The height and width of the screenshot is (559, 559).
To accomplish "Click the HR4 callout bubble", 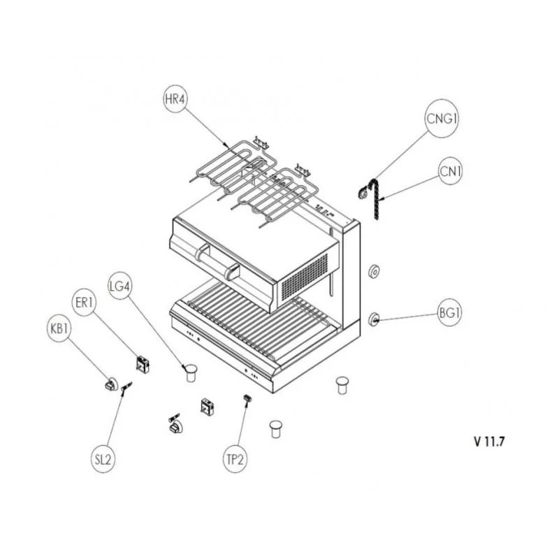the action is (175, 99).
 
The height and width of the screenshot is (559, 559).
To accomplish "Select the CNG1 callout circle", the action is (442, 118).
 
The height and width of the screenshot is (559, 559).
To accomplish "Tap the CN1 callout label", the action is (450, 171).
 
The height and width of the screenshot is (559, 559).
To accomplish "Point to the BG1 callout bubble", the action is (449, 312).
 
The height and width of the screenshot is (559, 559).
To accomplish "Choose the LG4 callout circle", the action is (119, 286).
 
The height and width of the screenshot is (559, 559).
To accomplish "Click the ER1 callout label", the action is (84, 303).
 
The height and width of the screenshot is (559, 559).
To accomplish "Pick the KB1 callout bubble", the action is (59, 328).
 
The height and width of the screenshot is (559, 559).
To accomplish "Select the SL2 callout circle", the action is (103, 459).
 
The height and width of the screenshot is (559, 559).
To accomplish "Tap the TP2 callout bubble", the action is (235, 459).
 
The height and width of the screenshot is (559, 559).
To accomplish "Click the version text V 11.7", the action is (490, 442).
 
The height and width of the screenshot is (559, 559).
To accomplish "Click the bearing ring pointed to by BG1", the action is (374, 319).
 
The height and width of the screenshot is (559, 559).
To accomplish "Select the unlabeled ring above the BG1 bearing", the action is (374, 272).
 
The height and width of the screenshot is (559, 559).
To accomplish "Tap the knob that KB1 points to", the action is (111, 384).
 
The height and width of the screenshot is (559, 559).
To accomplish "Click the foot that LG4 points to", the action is (191, 372).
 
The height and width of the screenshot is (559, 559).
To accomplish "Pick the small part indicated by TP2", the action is (247, 398).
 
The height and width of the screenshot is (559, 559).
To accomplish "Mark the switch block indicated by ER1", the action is (143, 364).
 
